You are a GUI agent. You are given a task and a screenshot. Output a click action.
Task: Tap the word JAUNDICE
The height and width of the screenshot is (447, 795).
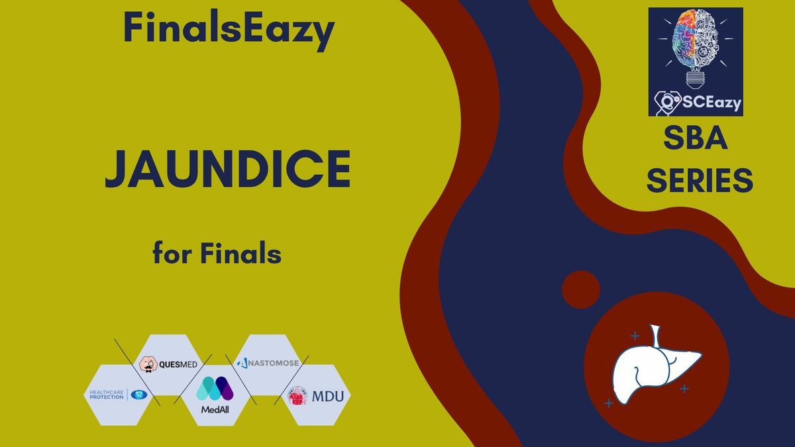[228, 169]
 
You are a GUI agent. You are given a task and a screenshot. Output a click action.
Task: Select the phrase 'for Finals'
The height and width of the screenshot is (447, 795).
[217, 253]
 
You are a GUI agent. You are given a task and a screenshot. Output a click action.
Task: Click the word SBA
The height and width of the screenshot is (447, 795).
[695, 138]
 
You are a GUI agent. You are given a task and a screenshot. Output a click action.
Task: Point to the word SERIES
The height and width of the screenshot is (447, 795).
[700, 180]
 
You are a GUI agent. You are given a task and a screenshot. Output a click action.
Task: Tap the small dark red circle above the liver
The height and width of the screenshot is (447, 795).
[581, 289]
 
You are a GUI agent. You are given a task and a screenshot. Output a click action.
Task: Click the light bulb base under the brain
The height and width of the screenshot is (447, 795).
[696, 79]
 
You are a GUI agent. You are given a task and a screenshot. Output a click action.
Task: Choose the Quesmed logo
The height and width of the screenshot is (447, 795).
[168, 364]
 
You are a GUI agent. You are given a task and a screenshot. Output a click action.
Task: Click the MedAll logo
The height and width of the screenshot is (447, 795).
[215, 395]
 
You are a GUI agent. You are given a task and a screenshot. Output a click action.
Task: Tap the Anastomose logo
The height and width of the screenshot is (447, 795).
[268, 363]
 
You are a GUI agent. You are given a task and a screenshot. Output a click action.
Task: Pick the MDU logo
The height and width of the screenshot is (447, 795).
[315, 396]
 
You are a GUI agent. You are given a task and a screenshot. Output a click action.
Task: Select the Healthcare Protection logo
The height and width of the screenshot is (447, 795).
[118, 395]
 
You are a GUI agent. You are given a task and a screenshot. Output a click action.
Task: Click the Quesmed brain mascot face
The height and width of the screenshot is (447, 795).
[148, 364]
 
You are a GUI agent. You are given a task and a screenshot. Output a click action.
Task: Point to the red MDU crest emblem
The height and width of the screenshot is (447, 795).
[297, 396]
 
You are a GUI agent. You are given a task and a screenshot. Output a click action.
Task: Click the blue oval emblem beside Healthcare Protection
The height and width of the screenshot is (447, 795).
[138, 395]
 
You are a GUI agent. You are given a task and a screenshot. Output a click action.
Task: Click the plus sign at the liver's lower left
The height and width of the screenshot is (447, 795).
[609, 403]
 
